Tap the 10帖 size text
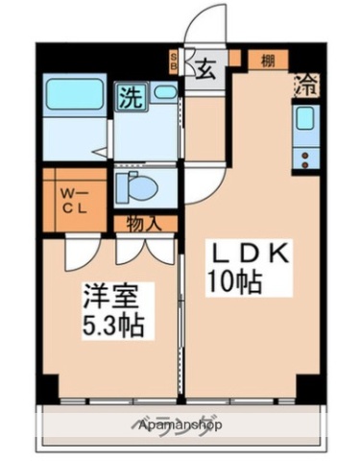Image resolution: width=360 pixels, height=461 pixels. (233, 282)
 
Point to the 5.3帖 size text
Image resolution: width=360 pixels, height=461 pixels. (112, 326)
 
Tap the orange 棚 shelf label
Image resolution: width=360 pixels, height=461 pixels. (268, 61)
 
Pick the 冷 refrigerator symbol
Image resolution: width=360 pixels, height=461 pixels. (307, 85)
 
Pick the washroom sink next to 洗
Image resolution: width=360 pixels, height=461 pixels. (165, 93)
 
